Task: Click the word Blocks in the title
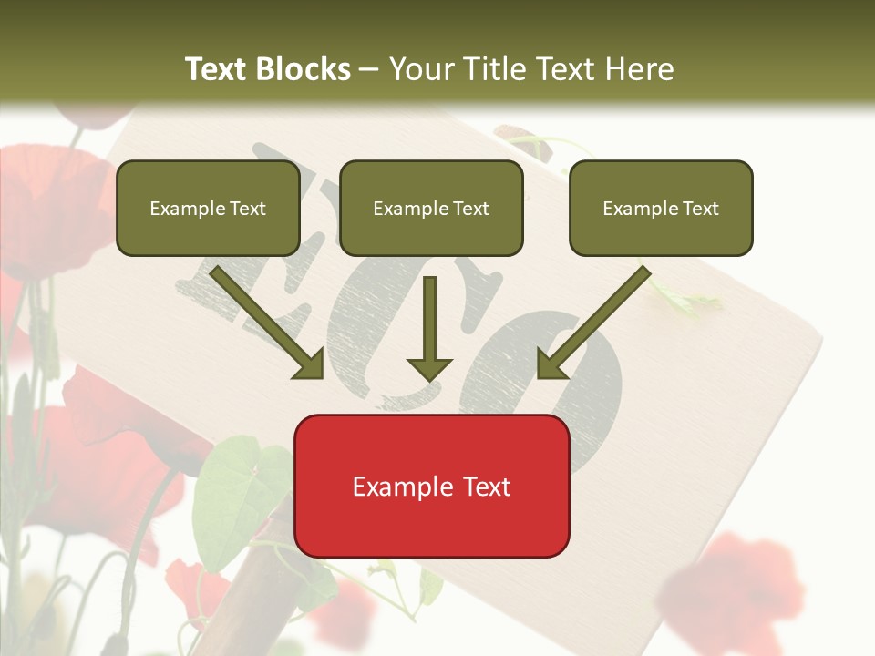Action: coord(304,69)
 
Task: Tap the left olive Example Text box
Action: coord(208,209)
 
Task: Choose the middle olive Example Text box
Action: coord(431,209)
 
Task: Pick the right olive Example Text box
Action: coord(661,209)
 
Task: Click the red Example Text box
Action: coord(431,486)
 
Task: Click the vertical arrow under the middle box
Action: coord(429,328)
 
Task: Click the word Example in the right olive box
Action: coord(639,209)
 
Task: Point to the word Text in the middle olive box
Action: coord(471,209)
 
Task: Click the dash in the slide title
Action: coord(369,70)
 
